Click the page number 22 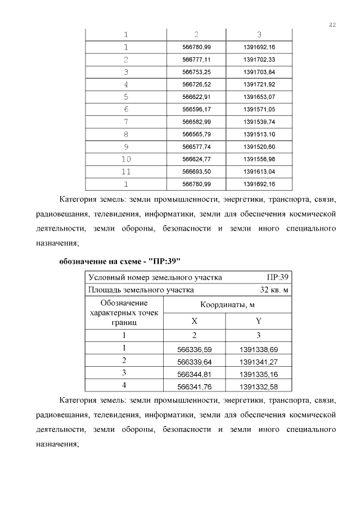(x=332, y=25)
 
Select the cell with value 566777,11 (x=197, y=59)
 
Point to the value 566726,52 (x=197, y=84)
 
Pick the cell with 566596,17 (x=197, y=109)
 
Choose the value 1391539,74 (x=259, y=121)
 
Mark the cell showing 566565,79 (x=197, y=134)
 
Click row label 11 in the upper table (x=126, y=171)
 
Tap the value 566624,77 (x=197, y=159)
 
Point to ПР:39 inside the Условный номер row (x=278, y=277)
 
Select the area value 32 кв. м (x=274, y=290)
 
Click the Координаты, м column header (x=227, y=304)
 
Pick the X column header (x=195, y=321)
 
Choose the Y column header (x=259, y=321)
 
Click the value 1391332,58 (x=259, y=386)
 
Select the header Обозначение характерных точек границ (x=124, y=313)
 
